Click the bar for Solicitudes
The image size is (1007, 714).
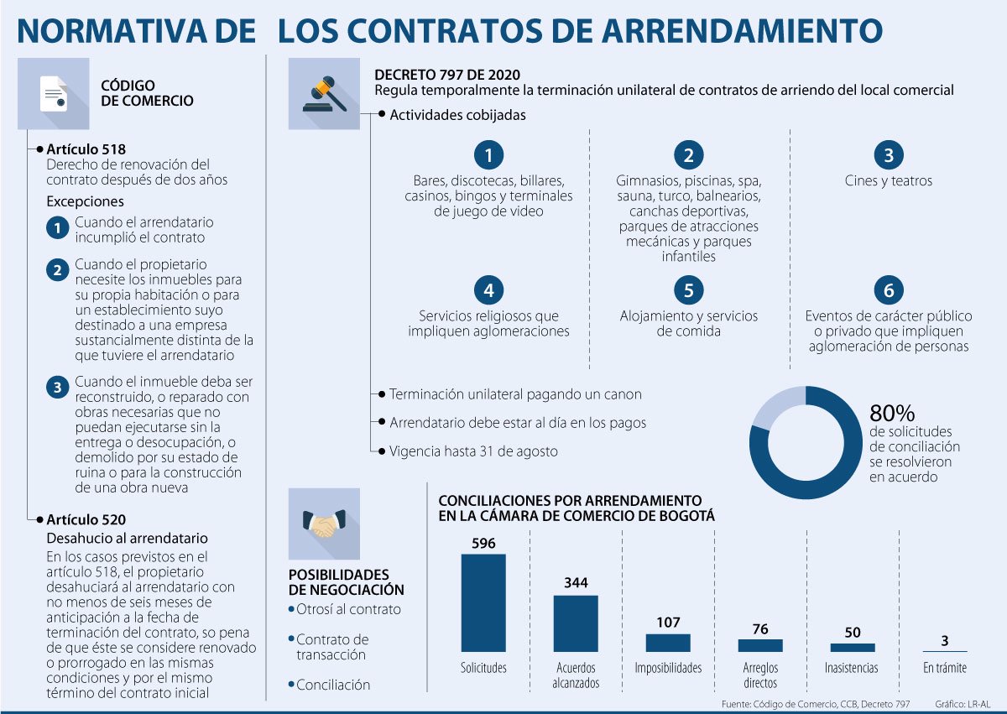coord(483,602)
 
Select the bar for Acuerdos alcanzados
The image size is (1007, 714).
coord(576,623)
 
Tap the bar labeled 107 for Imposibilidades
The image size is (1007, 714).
coord(668,643)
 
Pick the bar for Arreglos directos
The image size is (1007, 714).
coord(760,645)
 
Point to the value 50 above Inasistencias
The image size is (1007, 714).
coord(853,633)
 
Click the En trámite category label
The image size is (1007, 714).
coord(945,668)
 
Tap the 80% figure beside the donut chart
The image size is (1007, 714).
coord(892,413)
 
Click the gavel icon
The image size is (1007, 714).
coord(324,93)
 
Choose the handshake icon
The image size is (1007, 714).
coord(324,524)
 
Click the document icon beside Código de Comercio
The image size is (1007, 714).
coord(54,93)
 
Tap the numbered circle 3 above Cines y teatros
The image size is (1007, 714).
coord(889,155)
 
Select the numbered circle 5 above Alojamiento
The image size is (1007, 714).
coord(688,290)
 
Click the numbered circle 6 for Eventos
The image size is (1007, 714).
coord(889,290)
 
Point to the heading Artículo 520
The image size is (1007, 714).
coord(86,519)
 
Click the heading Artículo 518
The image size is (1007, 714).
coord(86,149)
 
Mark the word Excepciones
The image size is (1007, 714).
coord(85,201)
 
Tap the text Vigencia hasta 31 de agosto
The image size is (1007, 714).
coord(473,451)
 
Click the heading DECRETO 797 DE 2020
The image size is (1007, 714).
coord(446,75)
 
